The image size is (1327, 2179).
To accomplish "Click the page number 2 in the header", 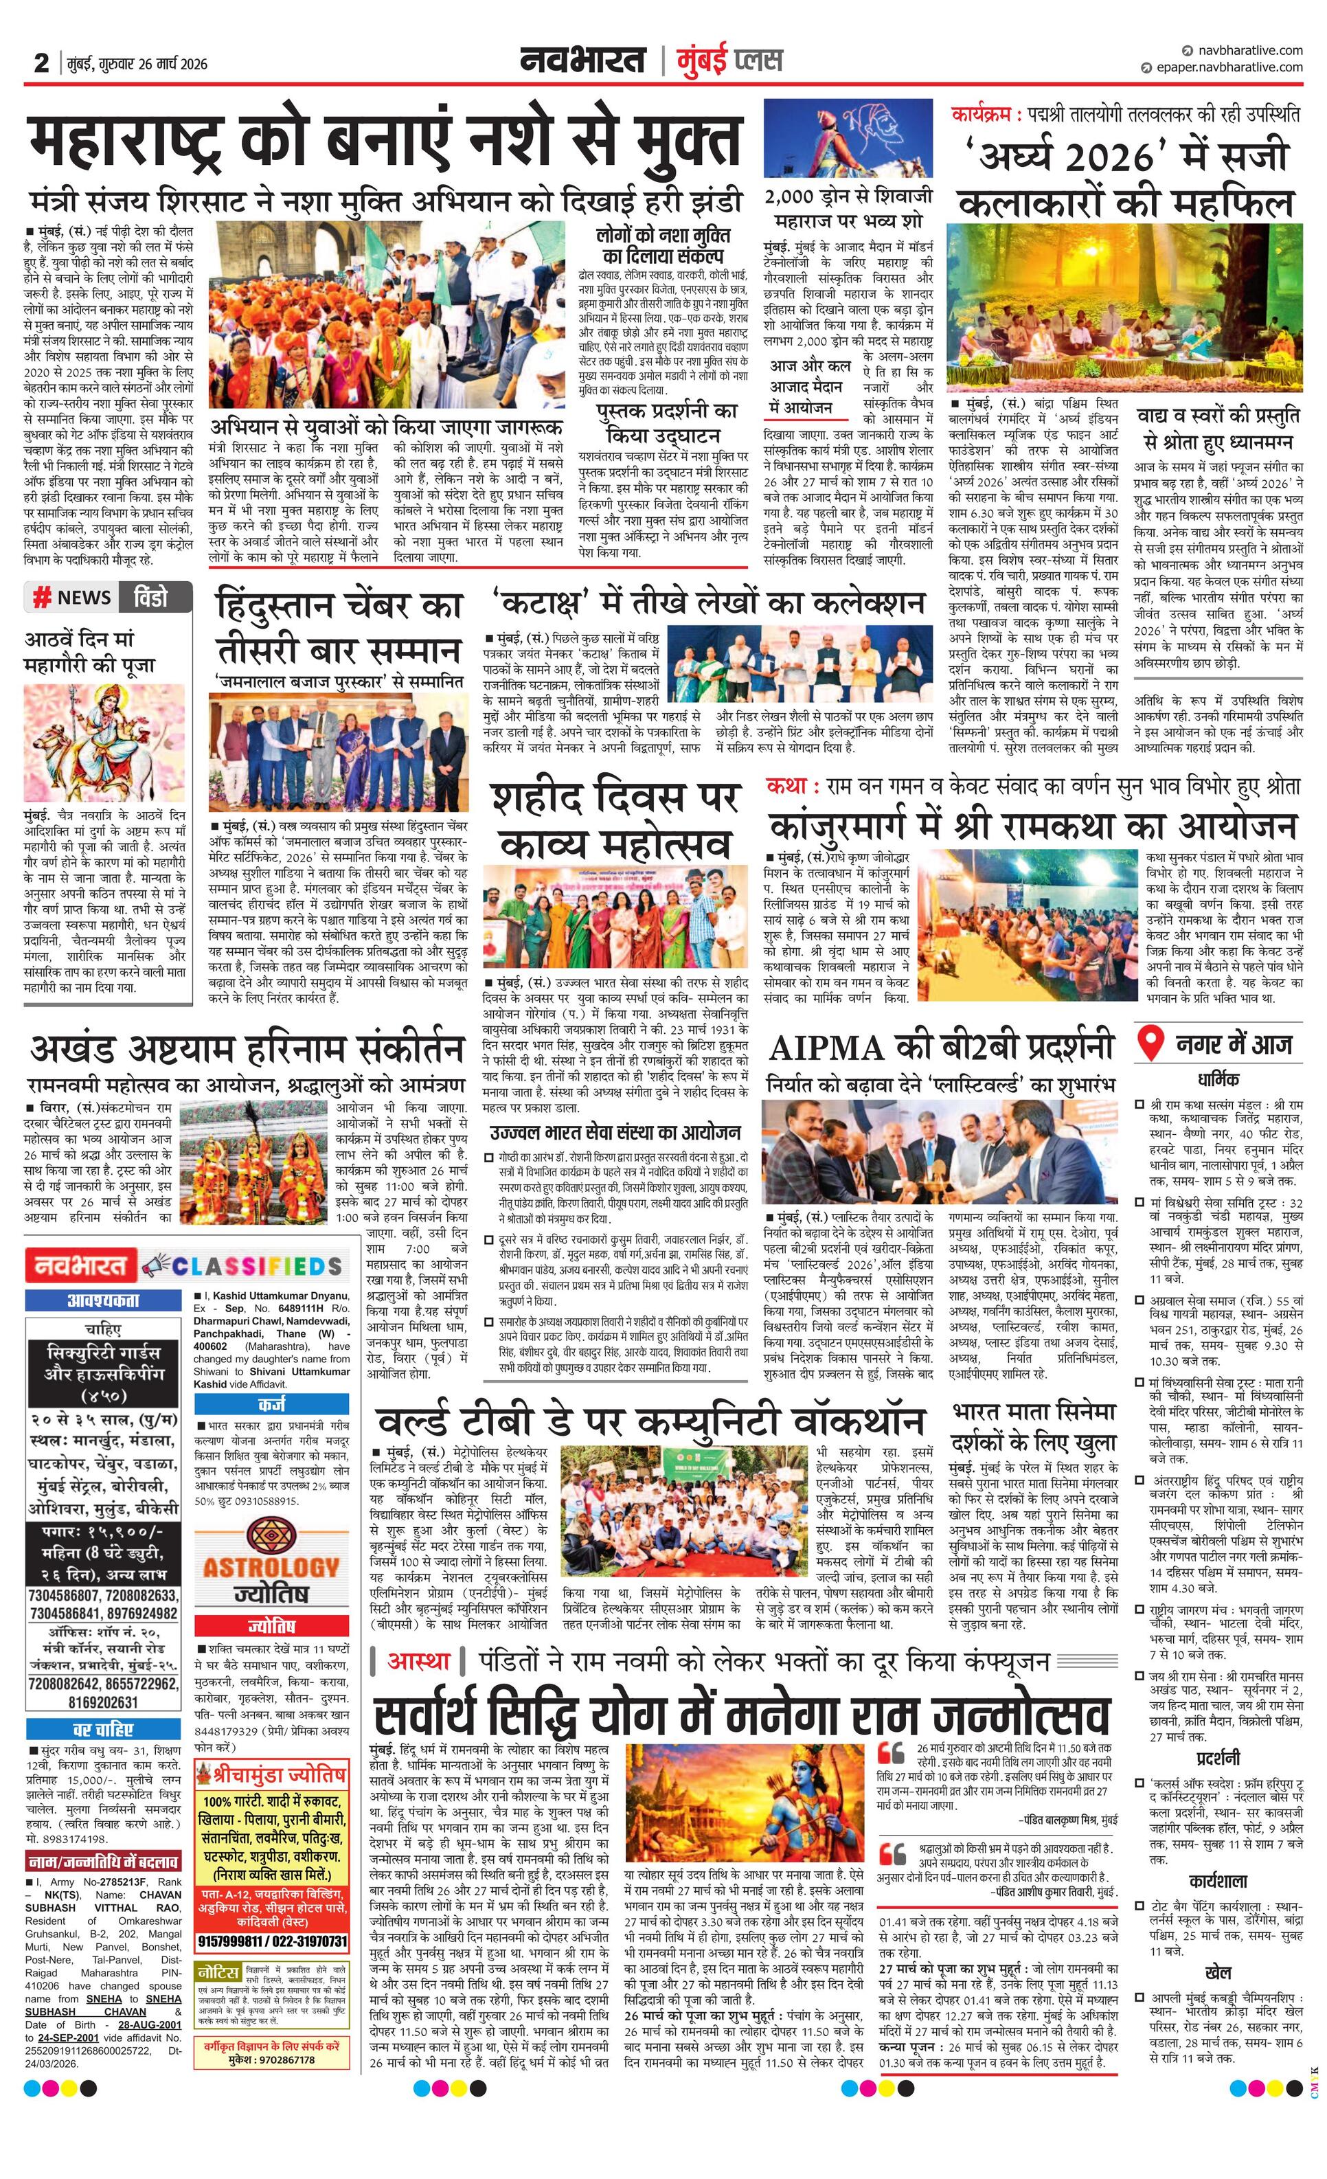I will pyautogui.click(x=41, y=64).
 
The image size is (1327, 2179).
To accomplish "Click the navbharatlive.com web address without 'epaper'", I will pyautogui.click(x=1247, y=50).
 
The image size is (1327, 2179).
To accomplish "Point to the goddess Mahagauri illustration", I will pyautogui.click(x=105, y=742).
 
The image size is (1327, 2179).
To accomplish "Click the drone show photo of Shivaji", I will pyautogui.click(x=849, y=139).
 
